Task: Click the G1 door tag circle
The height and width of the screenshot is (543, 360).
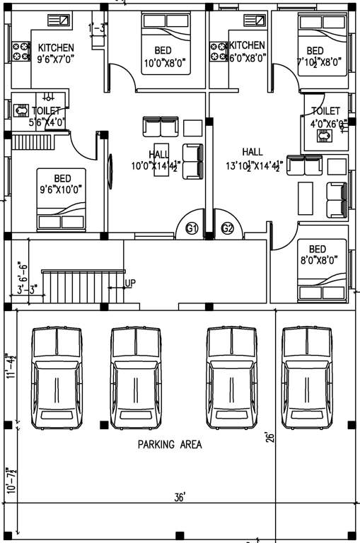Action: (x=191, y=228)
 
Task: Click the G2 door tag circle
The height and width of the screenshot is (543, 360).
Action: (x=227, y=228)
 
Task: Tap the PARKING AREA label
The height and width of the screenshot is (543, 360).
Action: (x=170, y=445)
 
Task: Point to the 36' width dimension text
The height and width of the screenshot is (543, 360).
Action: (x=180, y=498)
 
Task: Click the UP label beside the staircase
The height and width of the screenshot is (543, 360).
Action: (x=130, y=284)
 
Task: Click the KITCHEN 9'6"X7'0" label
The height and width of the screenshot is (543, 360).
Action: (x=56, y=52)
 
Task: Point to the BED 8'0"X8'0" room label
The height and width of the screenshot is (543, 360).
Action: (x=318, y=255)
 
